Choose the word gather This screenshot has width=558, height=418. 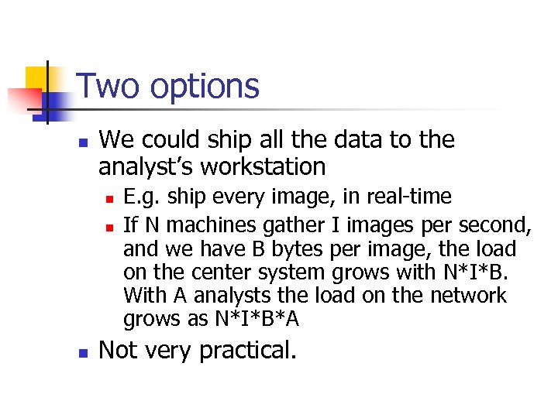(x=287, y=226)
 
